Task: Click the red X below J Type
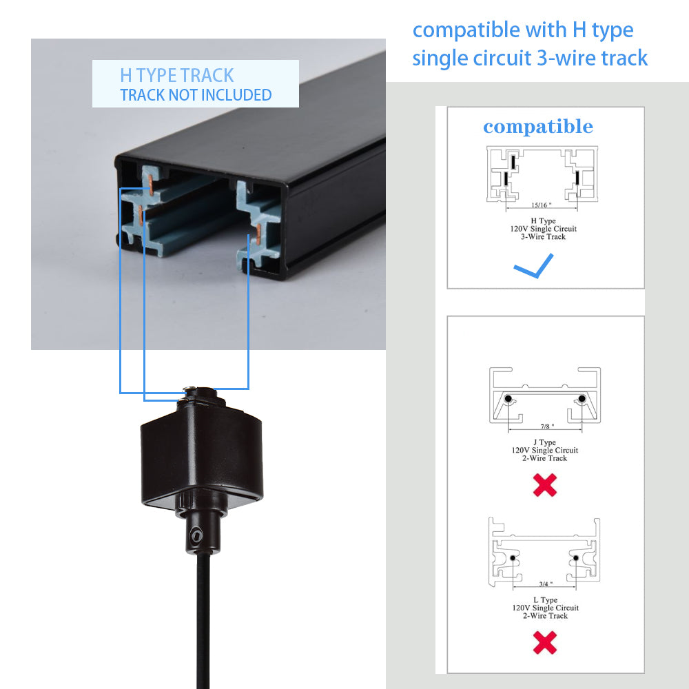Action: coord(545,485)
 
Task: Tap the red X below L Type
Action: coord(545,642)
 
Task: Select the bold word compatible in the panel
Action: coord(538,127)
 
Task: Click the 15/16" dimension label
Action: coord(541,205)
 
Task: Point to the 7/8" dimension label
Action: coord(547,426)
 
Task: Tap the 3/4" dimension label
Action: coord(546,584)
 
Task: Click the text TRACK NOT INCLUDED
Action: coord(196,95)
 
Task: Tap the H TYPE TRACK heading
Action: coord(176,75)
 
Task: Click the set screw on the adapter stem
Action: coord(196,535)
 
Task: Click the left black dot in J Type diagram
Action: coord(508,398)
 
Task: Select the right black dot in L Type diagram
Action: coord(575,558)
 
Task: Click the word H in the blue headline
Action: coord(579,30)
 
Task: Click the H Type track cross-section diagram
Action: coord(542,174)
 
